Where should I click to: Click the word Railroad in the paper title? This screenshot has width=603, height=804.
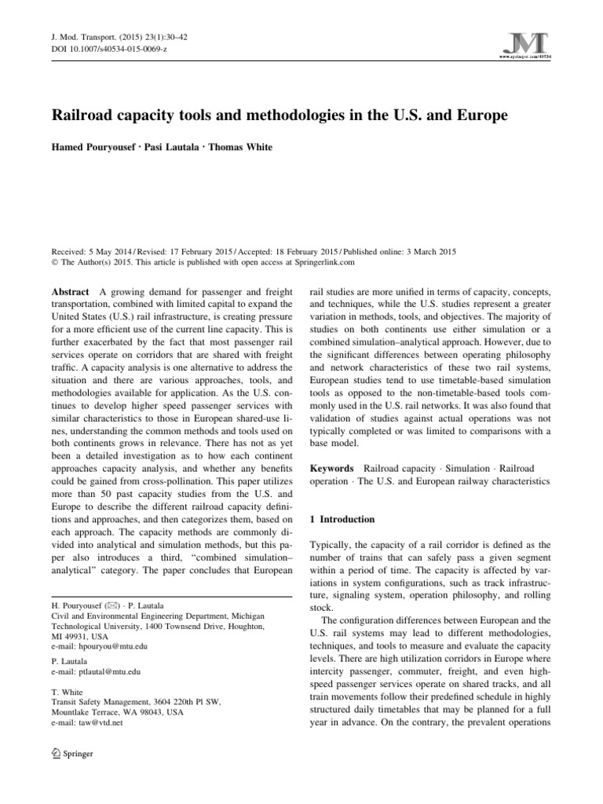tap(86, 116)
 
